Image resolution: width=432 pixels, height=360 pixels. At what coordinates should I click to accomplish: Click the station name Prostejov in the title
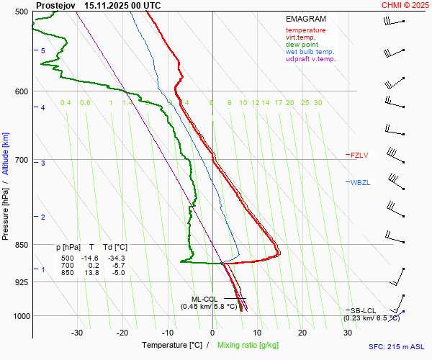pos(55,5)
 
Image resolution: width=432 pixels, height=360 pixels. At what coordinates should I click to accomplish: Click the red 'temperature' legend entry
pos(305,30)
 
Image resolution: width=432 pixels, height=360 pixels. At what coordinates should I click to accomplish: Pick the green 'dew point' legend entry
pos(302,45)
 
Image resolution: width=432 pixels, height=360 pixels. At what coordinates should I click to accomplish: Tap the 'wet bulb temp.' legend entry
pos(310,52)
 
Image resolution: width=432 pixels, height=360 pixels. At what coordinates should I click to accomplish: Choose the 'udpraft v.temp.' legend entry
pos(310,59)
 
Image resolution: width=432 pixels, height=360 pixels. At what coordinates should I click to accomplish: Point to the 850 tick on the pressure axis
pos(21,245)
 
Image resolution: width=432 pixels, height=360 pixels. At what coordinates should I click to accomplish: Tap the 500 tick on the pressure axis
pos(21,12)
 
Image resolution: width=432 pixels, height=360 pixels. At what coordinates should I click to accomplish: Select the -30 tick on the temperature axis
pos(77,333)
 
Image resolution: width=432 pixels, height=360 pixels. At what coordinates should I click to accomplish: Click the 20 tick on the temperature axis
pos(302,333)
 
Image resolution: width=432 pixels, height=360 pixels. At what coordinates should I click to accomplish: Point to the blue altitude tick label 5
pos(43,51)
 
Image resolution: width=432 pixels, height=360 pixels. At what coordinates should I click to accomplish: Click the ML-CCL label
pos(204,299)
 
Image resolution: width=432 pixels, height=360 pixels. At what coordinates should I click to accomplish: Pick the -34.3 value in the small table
pos(116,258)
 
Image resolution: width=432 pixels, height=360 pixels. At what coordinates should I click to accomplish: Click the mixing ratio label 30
pos(318,103)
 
